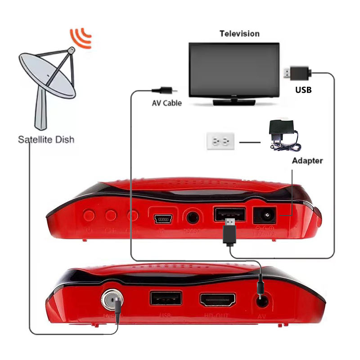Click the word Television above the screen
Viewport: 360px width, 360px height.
coord(239,34)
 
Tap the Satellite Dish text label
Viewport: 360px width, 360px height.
coord(46,139)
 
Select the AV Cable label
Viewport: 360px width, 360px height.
coord(166,103)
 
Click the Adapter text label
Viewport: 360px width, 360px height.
coord(307,161)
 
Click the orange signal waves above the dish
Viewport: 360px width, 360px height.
coord(81,38)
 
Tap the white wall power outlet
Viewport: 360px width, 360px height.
coord(220,142)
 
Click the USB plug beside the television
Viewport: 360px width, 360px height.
coord(297,72)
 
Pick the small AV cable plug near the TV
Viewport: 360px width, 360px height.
coord(162,89)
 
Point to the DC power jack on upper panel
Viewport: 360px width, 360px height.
coord(264,216)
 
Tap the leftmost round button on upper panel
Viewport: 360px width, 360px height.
coord(89,215)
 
